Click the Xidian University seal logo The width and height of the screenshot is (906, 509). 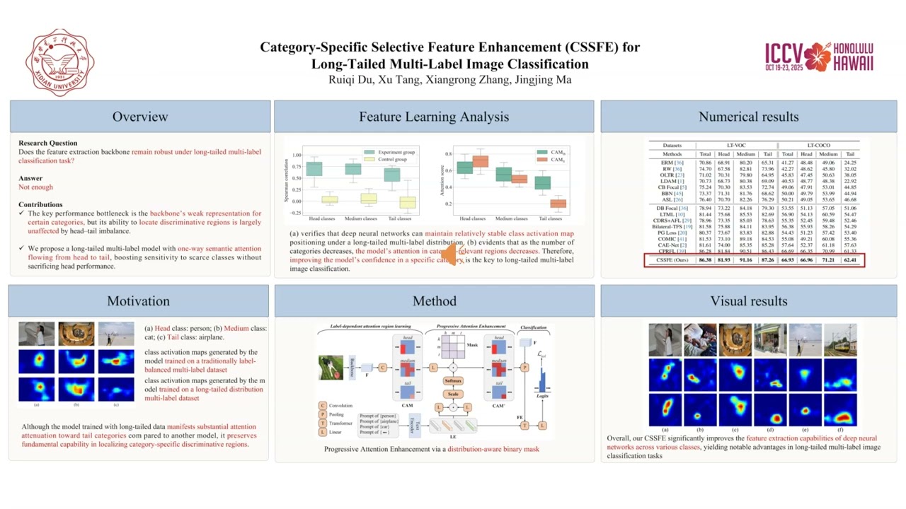59,62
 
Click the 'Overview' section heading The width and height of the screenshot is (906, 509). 140,117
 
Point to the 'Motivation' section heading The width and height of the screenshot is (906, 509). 139,301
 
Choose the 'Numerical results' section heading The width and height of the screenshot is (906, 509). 748,117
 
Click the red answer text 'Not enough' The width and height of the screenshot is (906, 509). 35,187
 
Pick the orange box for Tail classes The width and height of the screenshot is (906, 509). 558,204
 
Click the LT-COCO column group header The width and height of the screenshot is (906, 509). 818,145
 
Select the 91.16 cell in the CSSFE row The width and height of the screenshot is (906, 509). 745,260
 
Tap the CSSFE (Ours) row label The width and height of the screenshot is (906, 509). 672,260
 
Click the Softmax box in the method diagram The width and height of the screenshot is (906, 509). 453,381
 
